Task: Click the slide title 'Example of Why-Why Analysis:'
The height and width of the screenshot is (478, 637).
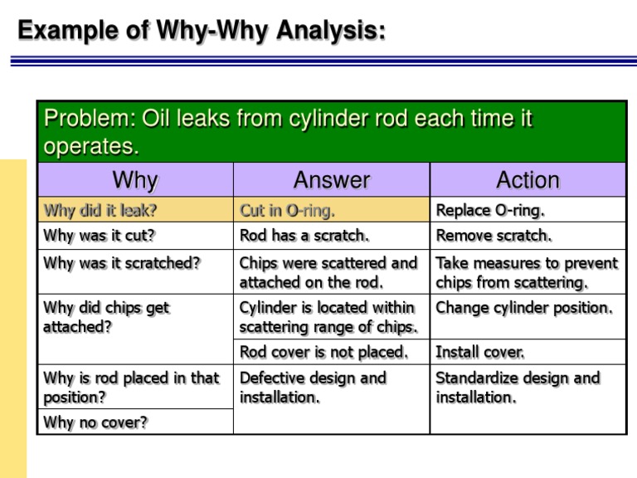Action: (202, 32)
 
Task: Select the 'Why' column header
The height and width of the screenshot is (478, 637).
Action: (134, 179)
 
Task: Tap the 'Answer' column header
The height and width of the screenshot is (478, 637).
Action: (332, 179)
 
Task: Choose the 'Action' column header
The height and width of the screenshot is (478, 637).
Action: (528, 179)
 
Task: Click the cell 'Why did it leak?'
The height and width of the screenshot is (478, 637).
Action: (100, 210)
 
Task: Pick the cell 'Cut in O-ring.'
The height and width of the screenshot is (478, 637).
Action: (288, 210)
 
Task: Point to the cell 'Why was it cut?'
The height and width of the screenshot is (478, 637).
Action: (99, 235)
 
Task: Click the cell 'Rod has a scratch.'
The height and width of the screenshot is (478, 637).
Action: (303, 235)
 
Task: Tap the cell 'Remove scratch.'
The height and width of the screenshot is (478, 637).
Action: (494, 235)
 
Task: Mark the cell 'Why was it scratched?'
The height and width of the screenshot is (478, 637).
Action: (122, 264)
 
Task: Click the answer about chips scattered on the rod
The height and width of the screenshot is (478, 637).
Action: (328, 272)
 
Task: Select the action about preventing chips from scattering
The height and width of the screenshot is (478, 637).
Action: (527, 272)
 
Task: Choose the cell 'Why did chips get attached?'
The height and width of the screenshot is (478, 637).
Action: (106, 317)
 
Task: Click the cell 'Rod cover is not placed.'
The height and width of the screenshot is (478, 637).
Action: (323, 352)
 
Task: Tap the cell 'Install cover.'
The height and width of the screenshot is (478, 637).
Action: (480, 352)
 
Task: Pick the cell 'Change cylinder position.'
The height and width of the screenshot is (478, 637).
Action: (524, 308)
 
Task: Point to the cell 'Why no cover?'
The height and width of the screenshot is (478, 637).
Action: (95, 422)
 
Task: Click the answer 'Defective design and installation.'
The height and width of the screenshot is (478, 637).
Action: (314, 388)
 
